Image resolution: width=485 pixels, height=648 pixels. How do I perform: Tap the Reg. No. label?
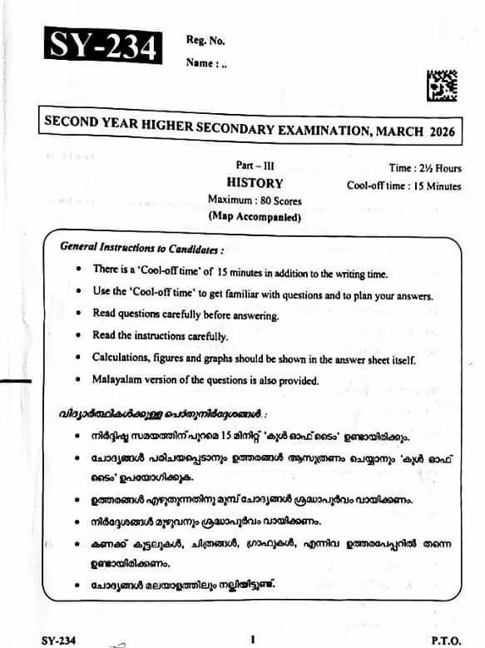[205, 40]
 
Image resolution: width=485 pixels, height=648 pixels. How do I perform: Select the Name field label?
[202, 62]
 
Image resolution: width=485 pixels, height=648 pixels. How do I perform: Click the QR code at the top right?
[441, 87]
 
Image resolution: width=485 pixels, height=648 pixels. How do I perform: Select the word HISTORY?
[255, 184]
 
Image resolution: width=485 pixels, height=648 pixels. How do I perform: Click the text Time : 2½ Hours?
[424, 168]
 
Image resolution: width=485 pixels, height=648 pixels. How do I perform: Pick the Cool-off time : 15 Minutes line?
[403, 185]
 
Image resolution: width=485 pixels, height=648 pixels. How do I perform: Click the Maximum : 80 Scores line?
[255, 201]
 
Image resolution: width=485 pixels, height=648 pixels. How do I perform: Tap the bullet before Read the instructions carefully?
[77, 336]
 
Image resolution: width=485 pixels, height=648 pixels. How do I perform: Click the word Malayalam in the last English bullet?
[122, 380]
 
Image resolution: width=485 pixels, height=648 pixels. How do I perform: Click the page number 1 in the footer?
[251, 639]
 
